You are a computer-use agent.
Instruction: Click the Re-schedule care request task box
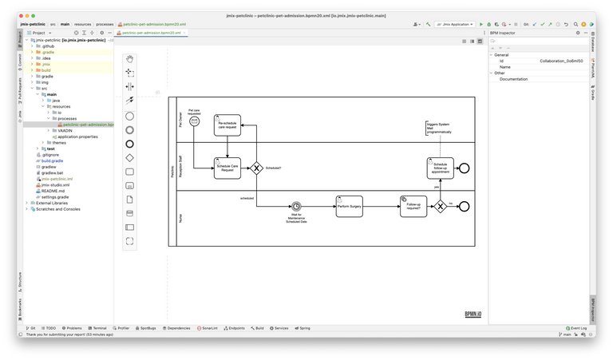click(227, 125)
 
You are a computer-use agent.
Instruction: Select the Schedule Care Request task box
click(227, 168)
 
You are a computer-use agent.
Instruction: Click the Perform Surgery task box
click(349, 206)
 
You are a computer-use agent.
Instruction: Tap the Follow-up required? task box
click(413, 206)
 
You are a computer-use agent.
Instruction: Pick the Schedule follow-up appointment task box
click(441, 168)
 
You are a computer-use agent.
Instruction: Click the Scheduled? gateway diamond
click(256, 168)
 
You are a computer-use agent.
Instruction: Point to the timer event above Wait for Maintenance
click(297, 206)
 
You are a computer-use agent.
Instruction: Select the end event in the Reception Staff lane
click(464, 168)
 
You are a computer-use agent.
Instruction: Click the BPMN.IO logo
click(473, 314)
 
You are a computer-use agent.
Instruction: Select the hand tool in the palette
click(130, 58)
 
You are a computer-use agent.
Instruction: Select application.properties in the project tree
click(77, 136)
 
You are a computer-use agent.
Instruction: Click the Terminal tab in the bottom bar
click(98, 328)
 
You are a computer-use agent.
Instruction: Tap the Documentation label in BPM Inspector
click(513, 79)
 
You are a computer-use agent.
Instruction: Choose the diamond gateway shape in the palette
click(130, 157)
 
